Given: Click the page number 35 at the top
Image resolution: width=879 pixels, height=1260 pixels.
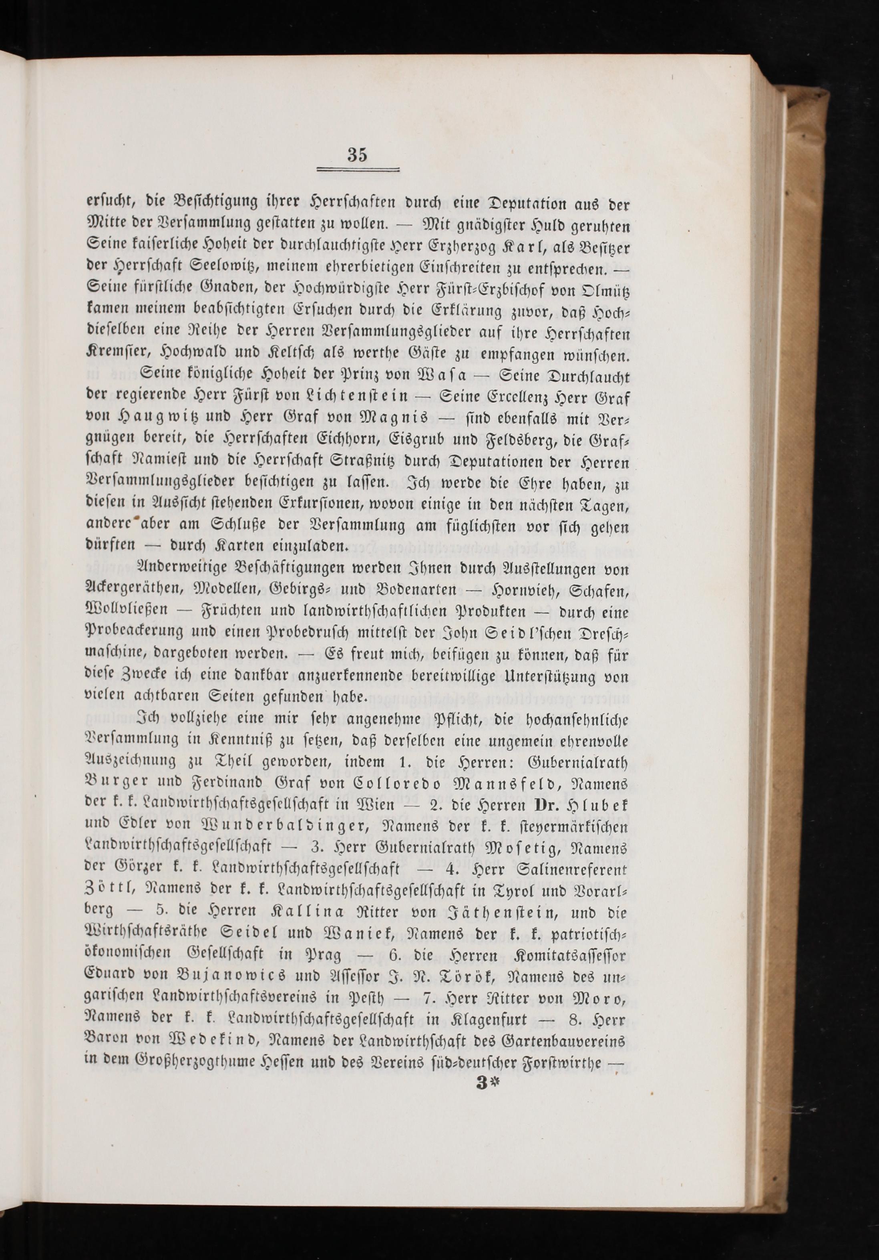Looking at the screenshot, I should [x=357, y=155].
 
